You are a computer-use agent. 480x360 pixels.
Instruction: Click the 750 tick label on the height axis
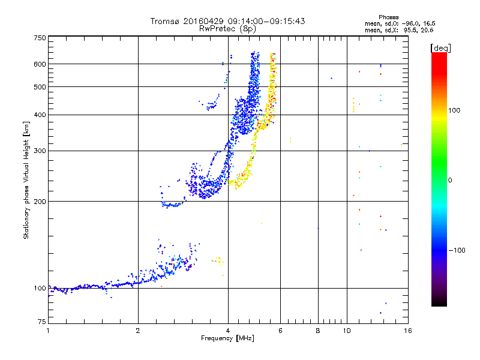coord(40,37)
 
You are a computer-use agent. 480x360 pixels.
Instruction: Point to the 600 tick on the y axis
coord(40,64)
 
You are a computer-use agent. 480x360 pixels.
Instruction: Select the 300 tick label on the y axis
coord(40,151)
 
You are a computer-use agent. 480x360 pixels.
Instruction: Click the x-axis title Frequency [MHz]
coord(227,338)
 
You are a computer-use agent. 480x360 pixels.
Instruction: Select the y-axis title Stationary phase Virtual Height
coord(26,180)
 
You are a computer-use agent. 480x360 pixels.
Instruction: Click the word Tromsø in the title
coord(166,21)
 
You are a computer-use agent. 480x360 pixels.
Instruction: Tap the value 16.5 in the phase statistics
coord(425,23)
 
